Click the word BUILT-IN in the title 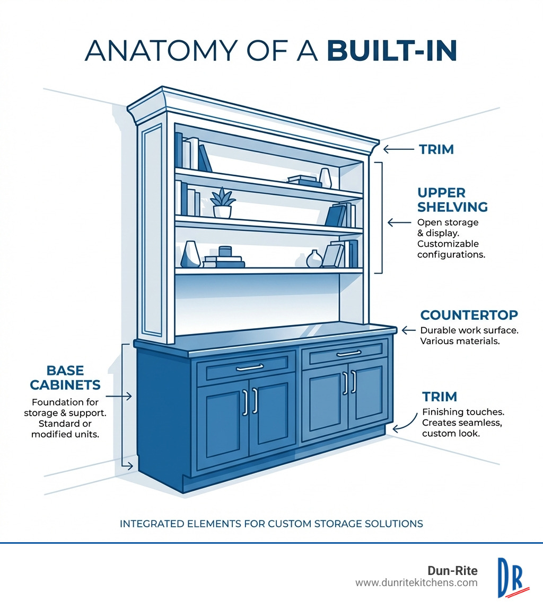click(392, 51)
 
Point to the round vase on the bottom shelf click(314, 259)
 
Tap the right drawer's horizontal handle click(348, 353)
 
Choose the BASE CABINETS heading click(65, 377)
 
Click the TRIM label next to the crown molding click(436, 149)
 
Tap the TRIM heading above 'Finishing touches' click(440, 397)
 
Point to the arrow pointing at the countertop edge click(408, 330)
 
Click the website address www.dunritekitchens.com click(416, 583)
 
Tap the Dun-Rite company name click(452, 570)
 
